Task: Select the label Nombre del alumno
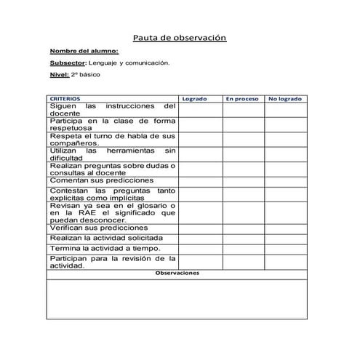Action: click(78, 51)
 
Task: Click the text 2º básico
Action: click(87, 75)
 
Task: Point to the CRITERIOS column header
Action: click(65, 97)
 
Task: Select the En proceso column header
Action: click(242, 97)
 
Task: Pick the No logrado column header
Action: click(286, 97)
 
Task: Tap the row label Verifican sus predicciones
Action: click(92, 228)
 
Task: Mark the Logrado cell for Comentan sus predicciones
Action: click(200, 180)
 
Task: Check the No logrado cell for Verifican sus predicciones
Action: click(286, 228)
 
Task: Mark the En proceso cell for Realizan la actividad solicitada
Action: click(243, 238)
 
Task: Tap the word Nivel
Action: click(58, 75)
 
